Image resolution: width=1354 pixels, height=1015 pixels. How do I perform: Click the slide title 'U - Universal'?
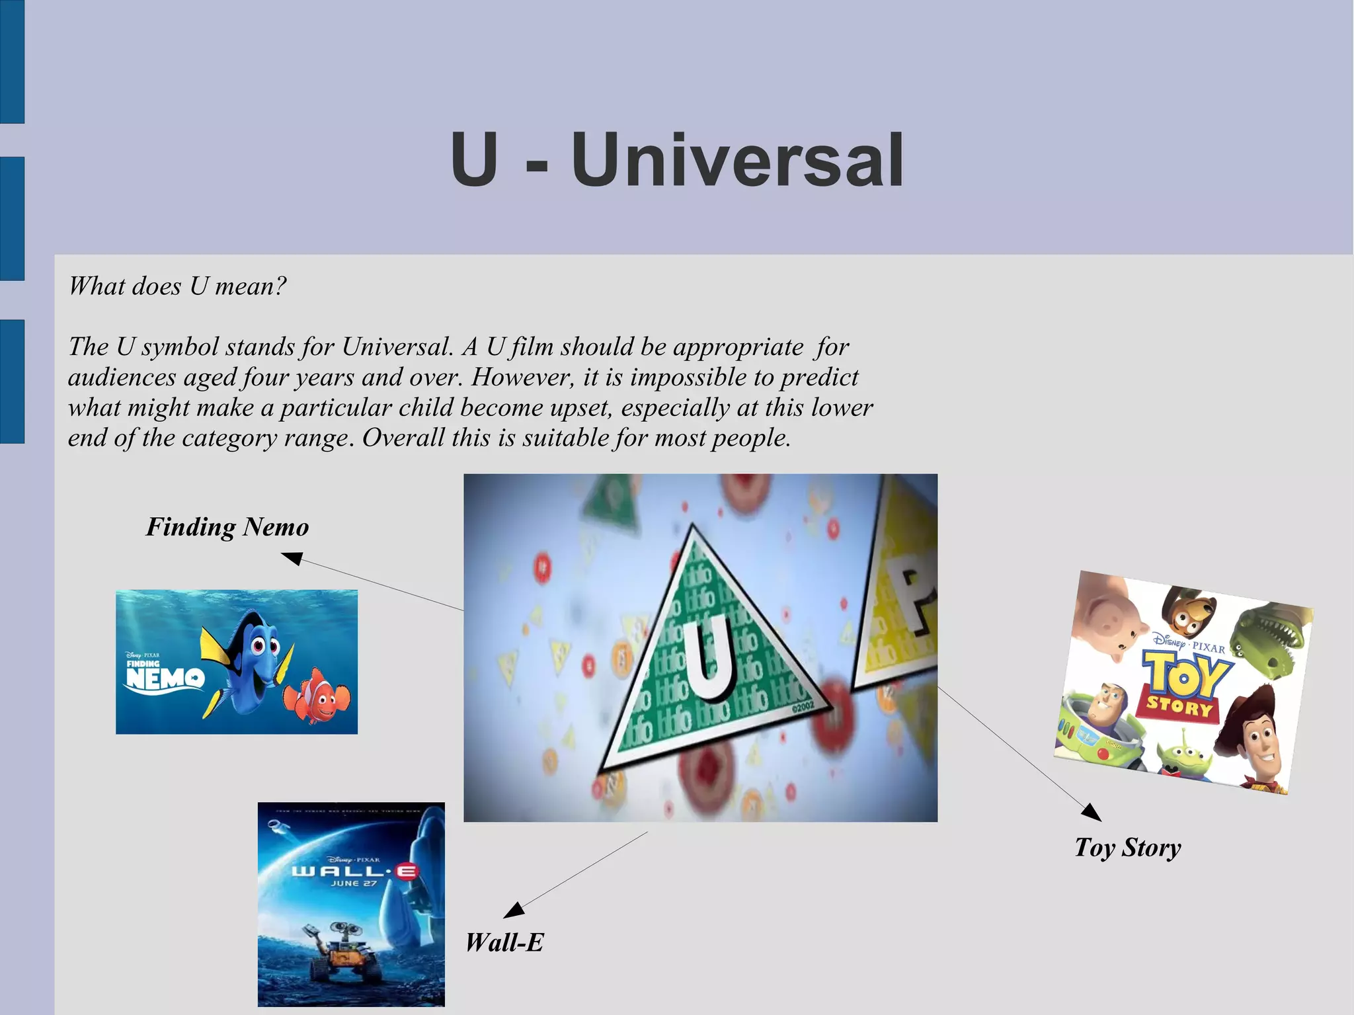tap(677, 160)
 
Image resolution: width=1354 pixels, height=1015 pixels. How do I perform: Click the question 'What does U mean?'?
tap(177, 286)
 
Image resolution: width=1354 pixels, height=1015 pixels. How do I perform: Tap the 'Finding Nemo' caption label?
tap(227, 527)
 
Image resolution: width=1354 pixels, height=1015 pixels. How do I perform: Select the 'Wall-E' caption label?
tap(504, 942)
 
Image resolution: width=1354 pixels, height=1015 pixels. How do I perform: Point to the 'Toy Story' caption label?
tap(1127, 848)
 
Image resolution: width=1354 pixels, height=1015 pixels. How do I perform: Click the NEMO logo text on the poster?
tap(165, 677)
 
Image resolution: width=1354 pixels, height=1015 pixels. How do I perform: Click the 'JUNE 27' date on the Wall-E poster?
tap(354, 883)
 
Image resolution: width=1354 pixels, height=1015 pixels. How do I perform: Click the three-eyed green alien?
tap(1183, 754)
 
